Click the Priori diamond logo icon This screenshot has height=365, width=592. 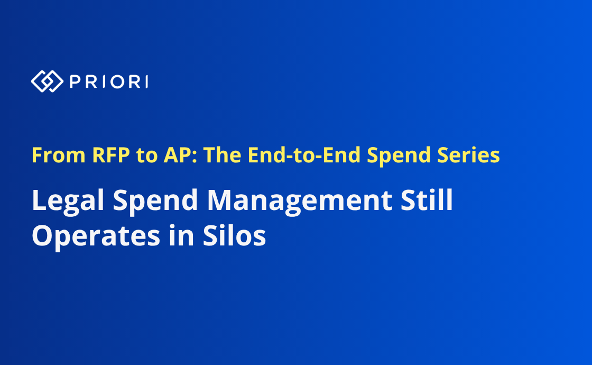pyautogui.click(x=47, y=81)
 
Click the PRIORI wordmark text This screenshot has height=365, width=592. pyautogui.click(x=109, y=81)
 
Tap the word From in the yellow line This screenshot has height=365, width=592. pyautogui.click(x=59, y=155)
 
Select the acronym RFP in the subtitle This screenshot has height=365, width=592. pyautogui.click(x=111, y=155)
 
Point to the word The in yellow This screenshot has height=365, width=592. pyautogui.click(x=223, y=155)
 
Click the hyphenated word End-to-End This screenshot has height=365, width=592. pyautogui.click(x=304, y=155)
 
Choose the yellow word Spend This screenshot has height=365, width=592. pyautogui.click(x=399, y=156)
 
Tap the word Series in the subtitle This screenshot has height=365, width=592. pyautogui.click(x=468, y=155)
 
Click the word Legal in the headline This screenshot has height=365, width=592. pyautogui.click(x=68, y=200)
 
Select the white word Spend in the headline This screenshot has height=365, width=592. pyautogui.click(x=155, y=200)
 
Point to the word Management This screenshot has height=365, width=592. pyautogui.click(x=299, y=200)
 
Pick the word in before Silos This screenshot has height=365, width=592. pyautogui.click(x=181, y=235)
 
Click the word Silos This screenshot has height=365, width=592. pyautogui.click(x=234, y=235)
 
